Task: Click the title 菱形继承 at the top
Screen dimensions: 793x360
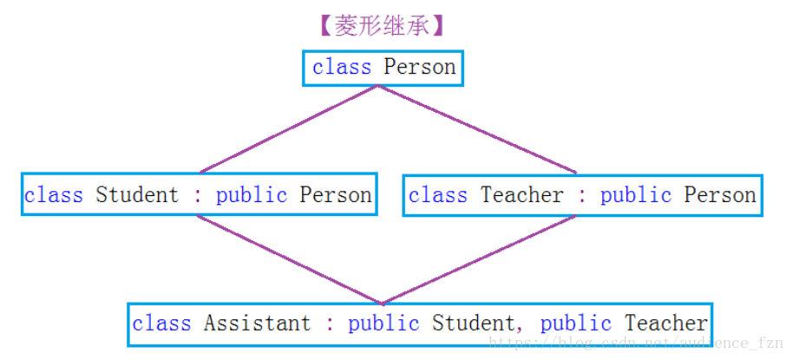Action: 382,26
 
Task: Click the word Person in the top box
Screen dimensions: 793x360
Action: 420,68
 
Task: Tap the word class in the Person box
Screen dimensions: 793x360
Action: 342,68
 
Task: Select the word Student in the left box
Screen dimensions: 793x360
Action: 137,195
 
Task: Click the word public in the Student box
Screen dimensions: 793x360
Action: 252,195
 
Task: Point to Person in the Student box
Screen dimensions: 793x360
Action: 336,195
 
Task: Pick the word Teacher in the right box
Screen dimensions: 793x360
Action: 521,195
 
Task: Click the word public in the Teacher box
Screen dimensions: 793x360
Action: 636,195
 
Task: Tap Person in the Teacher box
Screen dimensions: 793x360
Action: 720,195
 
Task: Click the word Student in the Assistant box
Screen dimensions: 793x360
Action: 473,324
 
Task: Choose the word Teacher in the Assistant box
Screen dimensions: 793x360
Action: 666,324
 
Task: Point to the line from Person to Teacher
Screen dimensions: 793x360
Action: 477,129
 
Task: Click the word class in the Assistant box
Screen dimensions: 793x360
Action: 161,324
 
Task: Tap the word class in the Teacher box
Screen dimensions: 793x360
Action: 438,195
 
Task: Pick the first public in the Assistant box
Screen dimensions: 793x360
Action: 383,324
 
